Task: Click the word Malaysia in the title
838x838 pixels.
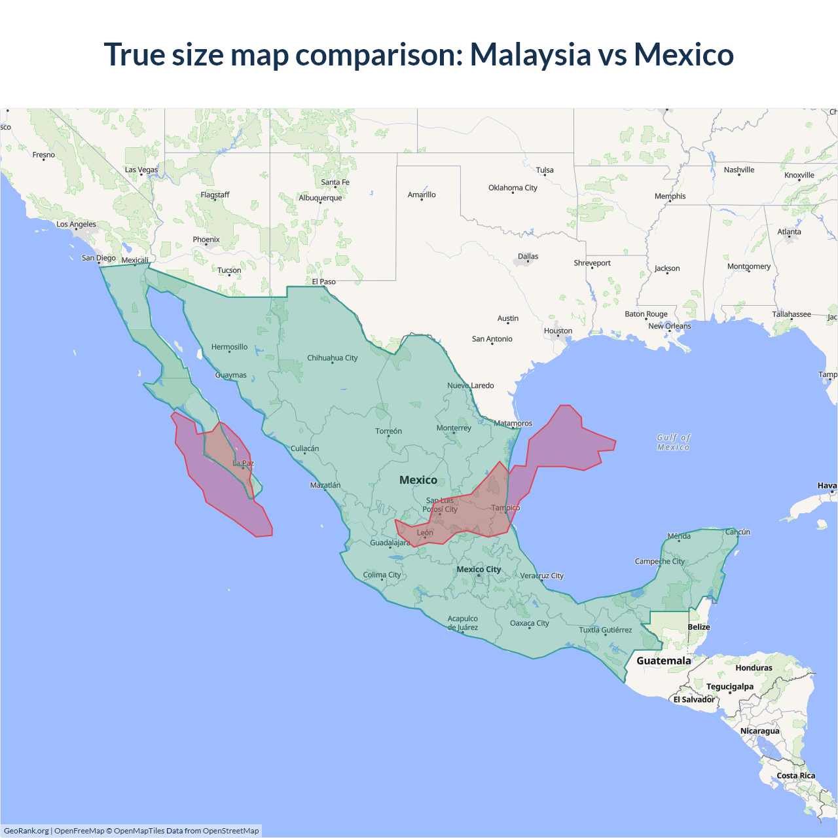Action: click(530, 54)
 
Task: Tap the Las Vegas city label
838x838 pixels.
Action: click(141, 170)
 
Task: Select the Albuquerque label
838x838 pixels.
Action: click(320, 198)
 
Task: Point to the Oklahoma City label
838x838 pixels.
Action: click(513, 188)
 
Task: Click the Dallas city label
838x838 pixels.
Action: click(528, 257)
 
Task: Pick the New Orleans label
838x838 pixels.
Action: click(669, 326)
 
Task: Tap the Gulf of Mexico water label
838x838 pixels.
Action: click(674, 443)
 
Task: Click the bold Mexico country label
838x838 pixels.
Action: click(418, 480)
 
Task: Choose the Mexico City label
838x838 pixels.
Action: click(479, 569)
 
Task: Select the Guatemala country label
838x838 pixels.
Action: click(663, 661)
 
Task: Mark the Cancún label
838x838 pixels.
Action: click(737, 532)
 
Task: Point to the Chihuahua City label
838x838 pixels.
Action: click(332, 358)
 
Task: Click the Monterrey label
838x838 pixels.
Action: click(454, 428)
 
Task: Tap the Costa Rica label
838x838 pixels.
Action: click(795, 776)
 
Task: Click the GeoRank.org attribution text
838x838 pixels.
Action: click(26, 831)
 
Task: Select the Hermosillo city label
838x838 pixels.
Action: click(229, 347)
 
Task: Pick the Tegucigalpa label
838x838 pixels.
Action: click(729, 687)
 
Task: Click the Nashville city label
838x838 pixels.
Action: click(738, 170)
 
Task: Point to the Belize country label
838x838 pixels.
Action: click(699, 627)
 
